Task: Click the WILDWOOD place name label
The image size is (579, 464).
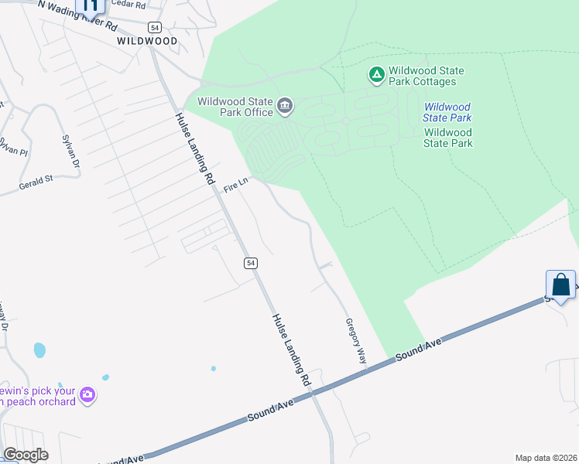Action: pyautogui.click(x=147, y=40)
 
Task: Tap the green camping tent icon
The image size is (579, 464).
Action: pyautogui.click(x=377, y=75)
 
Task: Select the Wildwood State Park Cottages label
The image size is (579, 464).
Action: pyautogui.click(x=427, y=76)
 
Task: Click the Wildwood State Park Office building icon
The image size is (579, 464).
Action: pyautogui.click(x=286, y=106)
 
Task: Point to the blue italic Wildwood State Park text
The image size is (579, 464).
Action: pyautogui.click(x=447, y=112)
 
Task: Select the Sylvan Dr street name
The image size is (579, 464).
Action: pyautogui.click(x=70, y=152)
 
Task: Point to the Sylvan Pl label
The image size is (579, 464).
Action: pyautogui.click(x=13, y=145)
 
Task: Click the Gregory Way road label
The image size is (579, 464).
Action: pyautogui.click(x=355, y=340)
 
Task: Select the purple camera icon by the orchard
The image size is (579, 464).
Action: pyautogui.click(x=87, y=395)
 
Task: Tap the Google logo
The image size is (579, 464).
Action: pyautogui.click(x=26, y=455)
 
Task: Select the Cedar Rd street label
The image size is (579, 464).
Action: pyautogui.click(x=128, y=4)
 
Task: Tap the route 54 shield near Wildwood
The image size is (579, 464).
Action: pyautogui.click(x=156, y=26)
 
